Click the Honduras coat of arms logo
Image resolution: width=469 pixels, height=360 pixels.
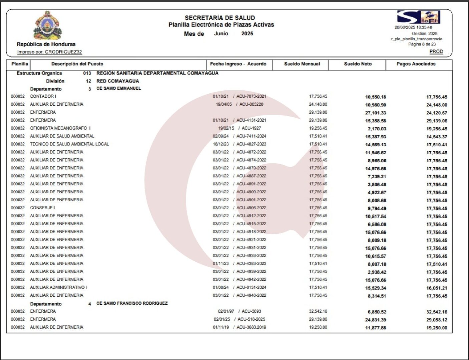tap(47, 25)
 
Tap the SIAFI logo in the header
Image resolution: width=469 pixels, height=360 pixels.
tap(419, 17)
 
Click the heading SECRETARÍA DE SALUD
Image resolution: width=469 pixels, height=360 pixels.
tap(220, 18)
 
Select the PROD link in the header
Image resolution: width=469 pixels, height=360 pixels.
tap(436, 51)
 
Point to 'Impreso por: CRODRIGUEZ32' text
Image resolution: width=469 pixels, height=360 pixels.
tap(49, 52)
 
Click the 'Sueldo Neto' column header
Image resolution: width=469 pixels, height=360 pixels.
tap(358, 64)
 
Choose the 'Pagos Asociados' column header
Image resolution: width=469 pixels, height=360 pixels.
tap(416, 64)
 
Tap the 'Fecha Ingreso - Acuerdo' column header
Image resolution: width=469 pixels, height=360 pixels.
tap(238, 64)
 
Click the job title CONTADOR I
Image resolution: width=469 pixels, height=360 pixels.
tap(43, 96)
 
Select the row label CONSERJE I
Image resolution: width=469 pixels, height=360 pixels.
tap(42, 208)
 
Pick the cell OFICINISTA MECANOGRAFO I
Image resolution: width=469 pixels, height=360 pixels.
tap(60, 128)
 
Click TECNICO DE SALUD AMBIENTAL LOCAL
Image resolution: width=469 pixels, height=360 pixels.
tap(69, 144)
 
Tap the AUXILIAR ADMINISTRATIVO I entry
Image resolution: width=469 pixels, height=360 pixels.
tap(58, 287)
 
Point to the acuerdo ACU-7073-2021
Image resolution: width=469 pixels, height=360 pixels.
tap(251, 96)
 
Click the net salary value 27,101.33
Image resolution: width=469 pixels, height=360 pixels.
tap(375, 113)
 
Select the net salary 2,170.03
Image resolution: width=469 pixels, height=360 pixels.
tap(377, 129)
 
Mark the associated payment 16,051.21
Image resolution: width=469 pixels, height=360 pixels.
tap(437, 288)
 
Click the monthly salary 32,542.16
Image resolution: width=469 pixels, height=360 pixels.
tap(318, 311)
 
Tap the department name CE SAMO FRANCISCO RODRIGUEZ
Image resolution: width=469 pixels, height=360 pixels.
tap(132, 303)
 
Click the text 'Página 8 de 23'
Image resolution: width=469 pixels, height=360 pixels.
tap(422, 44)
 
